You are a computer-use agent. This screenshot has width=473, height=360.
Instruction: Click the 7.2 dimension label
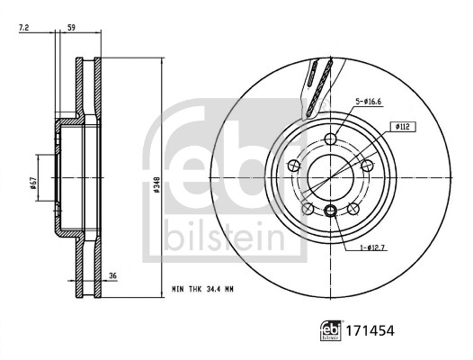[x=23, y=28]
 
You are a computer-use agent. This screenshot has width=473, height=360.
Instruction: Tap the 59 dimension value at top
[x=71, y=28]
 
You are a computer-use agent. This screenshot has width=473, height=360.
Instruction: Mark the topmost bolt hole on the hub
[x=330, y=139]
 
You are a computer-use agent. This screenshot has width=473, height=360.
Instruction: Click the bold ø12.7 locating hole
[x=330, y=211]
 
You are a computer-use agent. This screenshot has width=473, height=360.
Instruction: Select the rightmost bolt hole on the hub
[x=367, y=166]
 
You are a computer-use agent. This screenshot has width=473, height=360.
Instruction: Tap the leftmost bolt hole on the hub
[x=293, y=166]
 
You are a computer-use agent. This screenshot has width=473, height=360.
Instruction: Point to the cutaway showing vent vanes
[x=317, y=85]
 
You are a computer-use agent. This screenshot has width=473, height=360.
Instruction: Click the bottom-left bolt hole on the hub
[x=308, y=209]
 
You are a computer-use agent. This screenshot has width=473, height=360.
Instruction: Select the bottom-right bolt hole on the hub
[x=353, y=209]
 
